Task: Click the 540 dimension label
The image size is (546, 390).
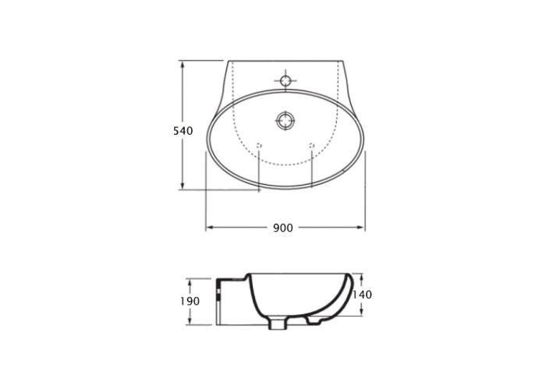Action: point(183,131)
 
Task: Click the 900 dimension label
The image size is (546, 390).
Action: point(282,228)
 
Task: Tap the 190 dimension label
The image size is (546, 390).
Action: point(190,301)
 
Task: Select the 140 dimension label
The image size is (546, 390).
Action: point(363,295)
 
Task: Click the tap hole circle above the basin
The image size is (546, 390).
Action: point(285,80)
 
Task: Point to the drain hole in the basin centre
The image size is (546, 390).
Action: point(285,121)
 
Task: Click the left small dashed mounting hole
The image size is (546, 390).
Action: point(259,145)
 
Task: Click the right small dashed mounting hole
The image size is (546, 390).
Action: point(312,145)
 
